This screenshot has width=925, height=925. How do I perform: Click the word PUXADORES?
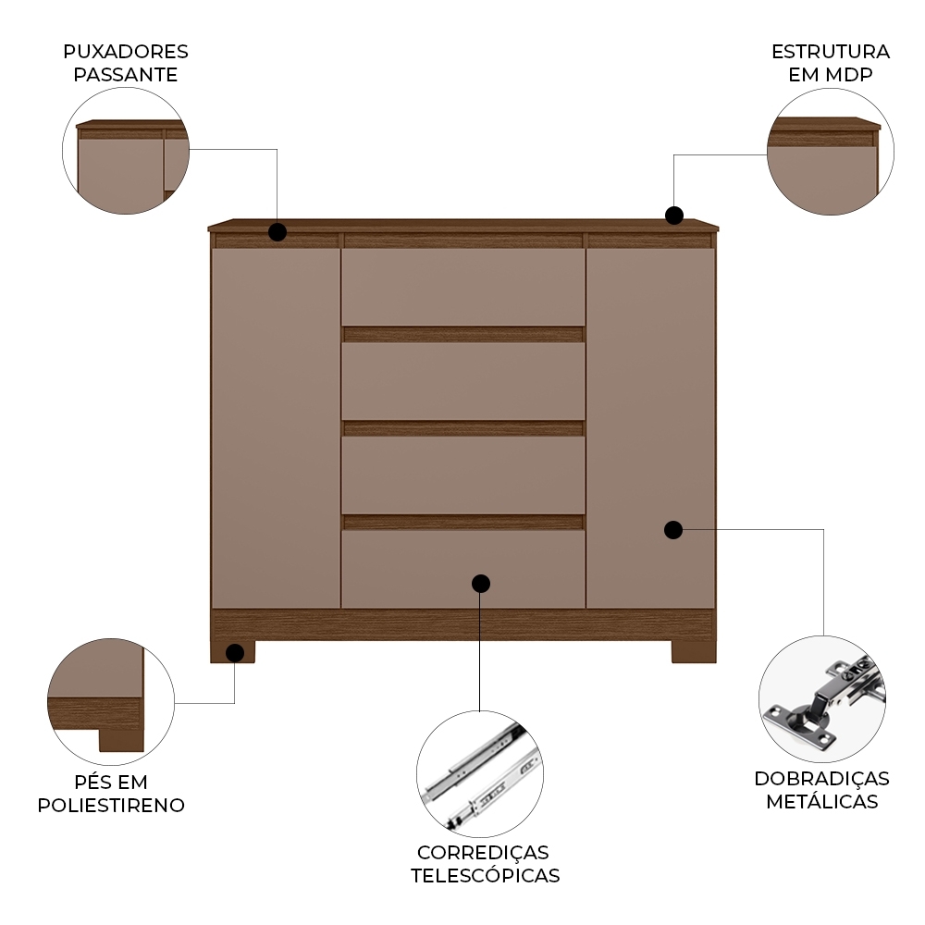(x=126, y=52)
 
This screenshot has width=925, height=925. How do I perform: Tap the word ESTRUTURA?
(x=831, y=52)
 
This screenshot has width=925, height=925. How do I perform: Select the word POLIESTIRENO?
(x=111, y=806)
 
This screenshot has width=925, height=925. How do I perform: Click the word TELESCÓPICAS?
(x=485, y=875)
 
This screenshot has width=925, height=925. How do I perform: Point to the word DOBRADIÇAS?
(x=821, y=779)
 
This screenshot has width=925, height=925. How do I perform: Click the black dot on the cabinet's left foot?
(x=235, y=653)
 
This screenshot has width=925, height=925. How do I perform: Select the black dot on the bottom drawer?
(x=481, y=584)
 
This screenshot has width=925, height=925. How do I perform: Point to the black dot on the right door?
(x=673, y=530)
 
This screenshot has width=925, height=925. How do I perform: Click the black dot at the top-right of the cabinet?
(x=674, y=216)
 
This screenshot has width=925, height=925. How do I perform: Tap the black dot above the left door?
(x=277, y=232)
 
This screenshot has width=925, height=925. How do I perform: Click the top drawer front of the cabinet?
(x=463, y=287)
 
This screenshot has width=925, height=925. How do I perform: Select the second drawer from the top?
(x=463, y=381)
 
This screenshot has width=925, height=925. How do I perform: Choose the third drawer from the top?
(x=463, y=475)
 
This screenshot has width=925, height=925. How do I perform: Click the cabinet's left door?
(x=276, y=428)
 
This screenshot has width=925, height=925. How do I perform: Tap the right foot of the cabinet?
(x=694, y=651)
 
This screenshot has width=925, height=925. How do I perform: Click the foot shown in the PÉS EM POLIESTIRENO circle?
(x=121, y=740)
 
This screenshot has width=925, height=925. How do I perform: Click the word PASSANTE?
(x=126, y=75)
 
